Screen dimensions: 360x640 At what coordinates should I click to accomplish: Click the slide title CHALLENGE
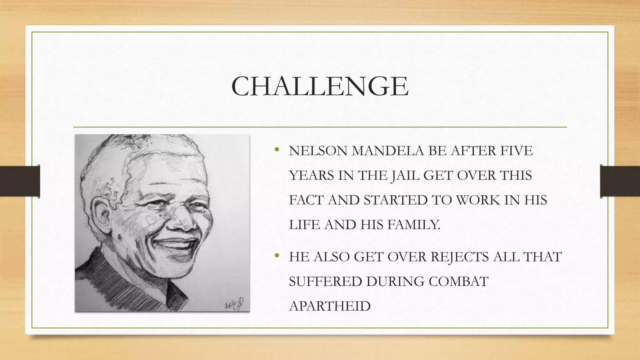[320, 86]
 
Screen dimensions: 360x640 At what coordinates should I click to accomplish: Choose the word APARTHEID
[330, 306]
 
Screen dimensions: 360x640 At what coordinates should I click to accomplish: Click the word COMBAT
[458, 282]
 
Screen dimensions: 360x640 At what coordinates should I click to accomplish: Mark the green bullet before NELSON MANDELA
[276, 150]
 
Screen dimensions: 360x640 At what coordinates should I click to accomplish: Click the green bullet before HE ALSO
[276, 256]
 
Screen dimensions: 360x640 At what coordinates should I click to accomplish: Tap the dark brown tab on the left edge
[20, 181]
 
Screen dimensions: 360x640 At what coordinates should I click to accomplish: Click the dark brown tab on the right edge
[620, 181]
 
